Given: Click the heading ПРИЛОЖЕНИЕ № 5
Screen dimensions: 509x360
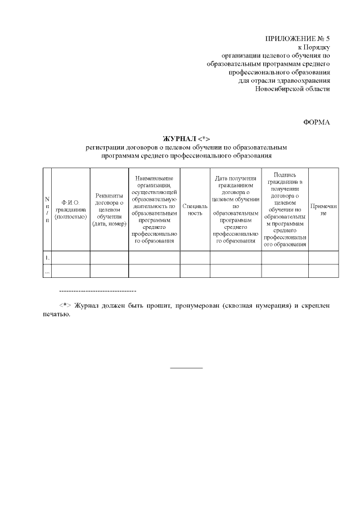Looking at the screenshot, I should [x=297, y=38].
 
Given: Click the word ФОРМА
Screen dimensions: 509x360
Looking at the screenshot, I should [x=316, y=122].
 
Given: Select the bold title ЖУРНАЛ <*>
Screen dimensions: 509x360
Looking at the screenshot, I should [x=186, y=138].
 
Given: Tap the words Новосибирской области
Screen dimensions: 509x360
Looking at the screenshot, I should [x=292, y=89].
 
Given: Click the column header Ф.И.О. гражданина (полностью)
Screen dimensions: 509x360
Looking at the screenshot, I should [x=70, y=209].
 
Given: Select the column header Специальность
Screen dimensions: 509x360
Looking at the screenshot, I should [x=195, y=209].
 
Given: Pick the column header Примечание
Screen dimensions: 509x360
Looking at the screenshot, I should [x=323, y=209].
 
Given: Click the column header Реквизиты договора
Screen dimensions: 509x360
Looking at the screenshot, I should [x=109, y=209].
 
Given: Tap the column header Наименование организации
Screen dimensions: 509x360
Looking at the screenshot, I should [x=154, y=209].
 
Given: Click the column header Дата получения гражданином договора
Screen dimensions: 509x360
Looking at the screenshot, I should [x=236, y=209].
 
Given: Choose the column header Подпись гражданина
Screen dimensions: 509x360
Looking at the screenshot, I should [x=285, y=209].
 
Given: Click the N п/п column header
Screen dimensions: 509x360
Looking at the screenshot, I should [x=47, y=209].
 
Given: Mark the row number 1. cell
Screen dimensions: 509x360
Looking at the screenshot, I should [x=47, y=258].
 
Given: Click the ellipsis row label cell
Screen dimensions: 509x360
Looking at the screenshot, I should [x=47, y=271].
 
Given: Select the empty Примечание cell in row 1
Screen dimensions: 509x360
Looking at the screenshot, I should [x=323, y=258].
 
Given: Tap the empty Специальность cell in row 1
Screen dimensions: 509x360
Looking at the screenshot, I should [x=195, y=258].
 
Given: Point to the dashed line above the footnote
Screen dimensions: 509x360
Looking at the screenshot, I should [x=97, y=291].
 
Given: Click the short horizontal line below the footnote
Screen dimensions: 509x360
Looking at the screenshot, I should [x=186, y=368].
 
